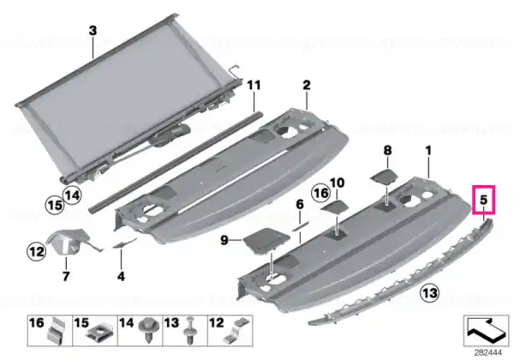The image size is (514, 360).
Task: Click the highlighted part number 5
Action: coord(483,200)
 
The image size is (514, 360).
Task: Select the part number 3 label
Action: coord(93,31)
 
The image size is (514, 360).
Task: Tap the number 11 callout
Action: coord(254,85)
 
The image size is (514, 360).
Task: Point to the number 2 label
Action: coord(306,85)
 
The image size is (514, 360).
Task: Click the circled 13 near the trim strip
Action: coord(430,291)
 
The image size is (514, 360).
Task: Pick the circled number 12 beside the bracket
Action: coord(37,251)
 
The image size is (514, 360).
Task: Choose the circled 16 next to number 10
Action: coord(320,193)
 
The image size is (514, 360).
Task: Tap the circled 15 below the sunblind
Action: coord(55,205)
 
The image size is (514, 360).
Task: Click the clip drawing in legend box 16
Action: coord(56,332)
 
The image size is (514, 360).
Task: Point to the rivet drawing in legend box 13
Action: coord(190,330)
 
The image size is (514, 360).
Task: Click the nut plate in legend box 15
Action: coord(99,334)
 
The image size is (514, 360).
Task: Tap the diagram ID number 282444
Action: coord(487,353)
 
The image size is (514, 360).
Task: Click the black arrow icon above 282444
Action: coord(486,331)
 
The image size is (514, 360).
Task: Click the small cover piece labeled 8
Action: coord(384,177)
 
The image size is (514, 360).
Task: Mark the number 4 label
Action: coord(121,276)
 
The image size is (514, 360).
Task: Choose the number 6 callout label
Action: coord(300,205)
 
